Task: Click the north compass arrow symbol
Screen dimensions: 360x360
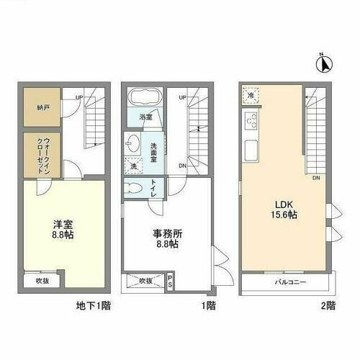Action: pyautogui.click(x=325, y=65)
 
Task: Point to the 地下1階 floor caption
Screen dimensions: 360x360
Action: pyautogui.click(x=94, y=305)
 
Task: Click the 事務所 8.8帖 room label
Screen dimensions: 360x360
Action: pyautogui.click(x=166, y=238)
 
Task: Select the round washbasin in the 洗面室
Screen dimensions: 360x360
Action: pyautogui.click(x=134, y=141)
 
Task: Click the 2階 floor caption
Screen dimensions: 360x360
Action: pyautogui.click(x=329, y=305)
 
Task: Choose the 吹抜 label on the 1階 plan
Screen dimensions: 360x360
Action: pyautogui.click(x=146, y=280)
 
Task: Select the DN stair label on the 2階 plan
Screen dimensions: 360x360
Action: pyautogui.click(x=316, y=179)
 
